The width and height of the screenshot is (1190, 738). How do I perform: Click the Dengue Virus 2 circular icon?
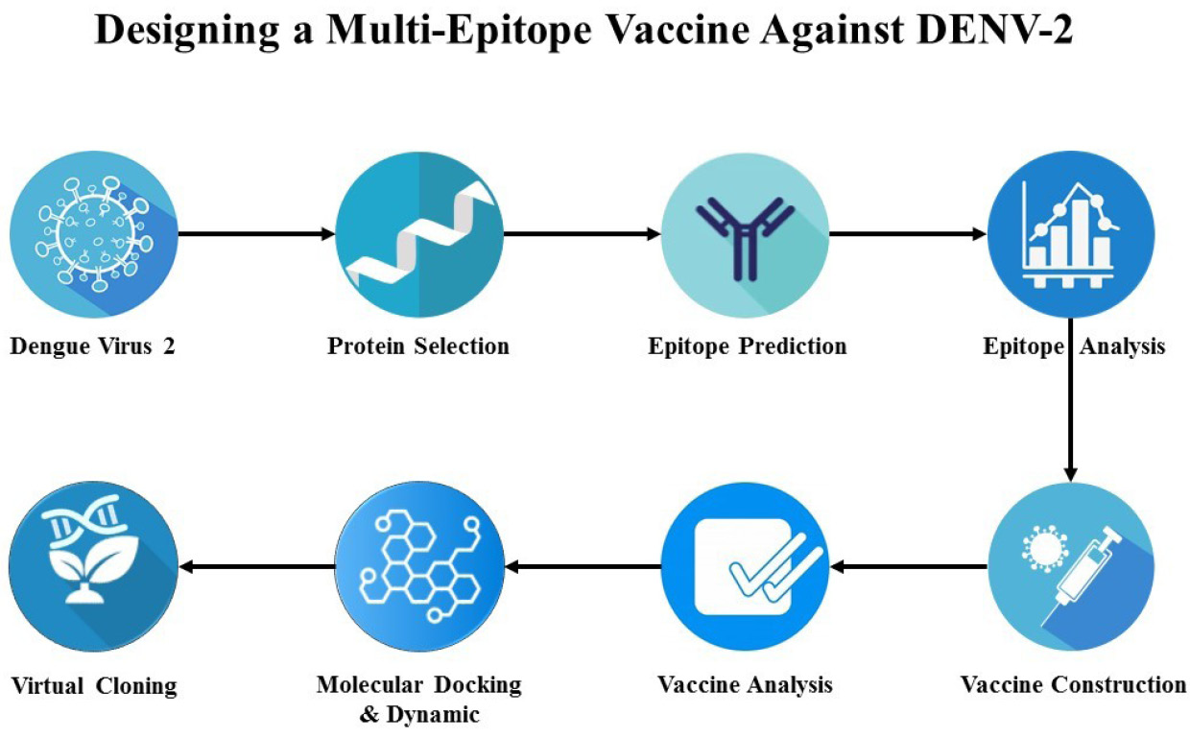94,234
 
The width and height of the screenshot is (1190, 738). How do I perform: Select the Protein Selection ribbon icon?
419,234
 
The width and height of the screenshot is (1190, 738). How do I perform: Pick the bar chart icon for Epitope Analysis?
1070,234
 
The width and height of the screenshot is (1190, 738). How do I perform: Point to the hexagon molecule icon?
419,566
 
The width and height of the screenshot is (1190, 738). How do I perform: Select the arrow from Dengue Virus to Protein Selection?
256,234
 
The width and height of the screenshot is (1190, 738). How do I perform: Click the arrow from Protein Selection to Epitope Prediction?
583,234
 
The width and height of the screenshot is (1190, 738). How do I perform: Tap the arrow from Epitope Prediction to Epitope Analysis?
908,234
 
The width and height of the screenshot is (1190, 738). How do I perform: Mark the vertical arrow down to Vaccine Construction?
1070,399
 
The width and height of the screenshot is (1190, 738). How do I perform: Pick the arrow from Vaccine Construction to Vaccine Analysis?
909,567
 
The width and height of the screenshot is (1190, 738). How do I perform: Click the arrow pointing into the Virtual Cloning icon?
257,567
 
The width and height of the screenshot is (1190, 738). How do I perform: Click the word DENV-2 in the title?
994,30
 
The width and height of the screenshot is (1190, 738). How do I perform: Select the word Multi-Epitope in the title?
459,31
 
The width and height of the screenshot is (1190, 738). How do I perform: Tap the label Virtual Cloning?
94,686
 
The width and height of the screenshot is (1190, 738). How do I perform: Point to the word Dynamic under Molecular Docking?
433,715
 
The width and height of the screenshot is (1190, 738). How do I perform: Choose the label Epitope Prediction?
747,346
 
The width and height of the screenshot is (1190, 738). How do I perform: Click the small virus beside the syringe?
1045,548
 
